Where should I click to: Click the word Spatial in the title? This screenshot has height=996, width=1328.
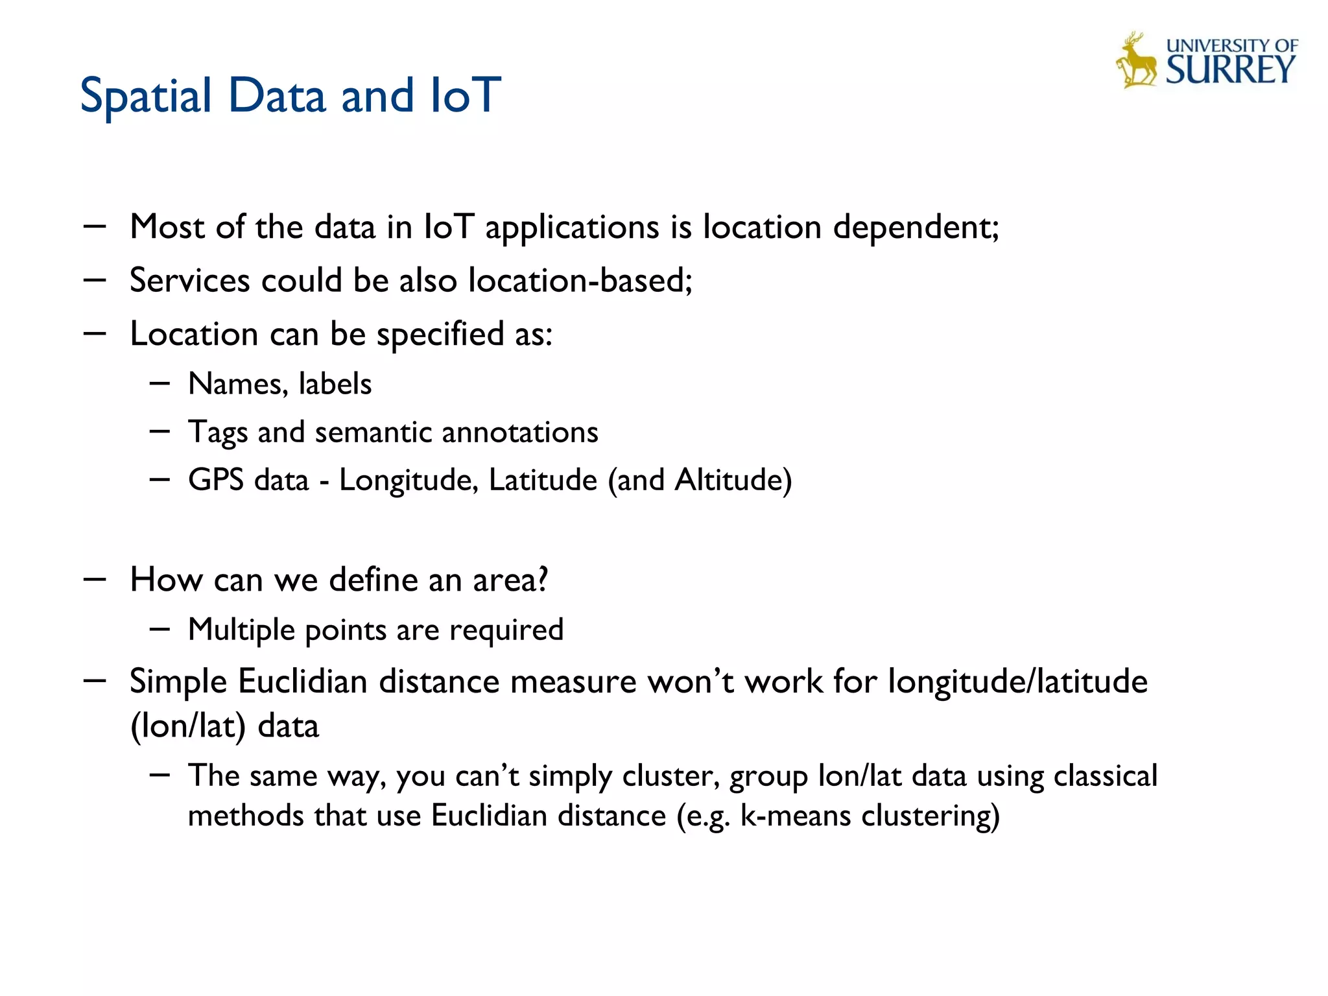146,96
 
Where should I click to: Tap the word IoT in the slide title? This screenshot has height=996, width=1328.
466,95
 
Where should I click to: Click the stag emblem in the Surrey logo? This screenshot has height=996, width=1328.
1136,61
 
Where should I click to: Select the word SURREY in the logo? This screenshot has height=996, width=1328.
1230,70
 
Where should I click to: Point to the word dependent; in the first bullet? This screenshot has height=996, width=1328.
916,228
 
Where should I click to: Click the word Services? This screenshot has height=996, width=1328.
189,281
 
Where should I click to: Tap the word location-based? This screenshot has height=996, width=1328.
580,281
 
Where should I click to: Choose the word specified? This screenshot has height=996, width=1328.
440,335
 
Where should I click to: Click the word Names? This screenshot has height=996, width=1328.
237,384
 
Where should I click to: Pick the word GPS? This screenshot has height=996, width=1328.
215,480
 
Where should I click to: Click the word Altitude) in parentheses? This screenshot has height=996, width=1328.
733,480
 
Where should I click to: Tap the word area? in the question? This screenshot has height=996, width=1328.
510,580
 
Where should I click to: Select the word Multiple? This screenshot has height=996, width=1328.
241,630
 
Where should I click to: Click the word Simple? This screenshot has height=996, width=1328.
178,682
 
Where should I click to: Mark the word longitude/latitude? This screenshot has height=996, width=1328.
1017,682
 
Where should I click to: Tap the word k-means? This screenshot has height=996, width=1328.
795,816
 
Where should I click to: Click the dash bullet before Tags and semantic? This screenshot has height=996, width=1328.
160,431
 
